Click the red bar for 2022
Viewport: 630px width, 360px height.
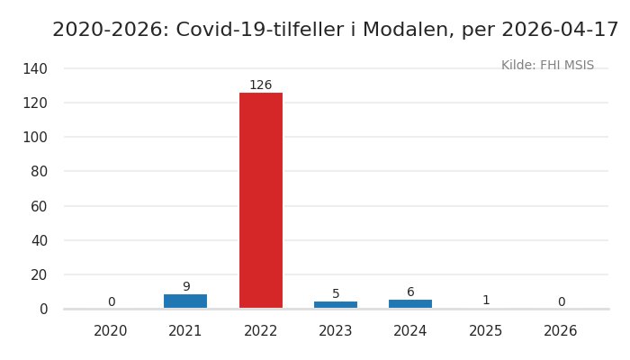pos(260,200)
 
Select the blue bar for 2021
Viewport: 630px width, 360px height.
pos(185,301)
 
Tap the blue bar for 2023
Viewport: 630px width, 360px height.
pos(336,304)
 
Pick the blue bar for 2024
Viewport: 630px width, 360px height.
pos(410,303)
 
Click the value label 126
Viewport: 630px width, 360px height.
pos(260,85)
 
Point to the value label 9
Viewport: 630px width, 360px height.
pos(186,287)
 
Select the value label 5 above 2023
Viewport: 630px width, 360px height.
pos(336,294)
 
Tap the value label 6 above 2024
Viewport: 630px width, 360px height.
pos(410,292)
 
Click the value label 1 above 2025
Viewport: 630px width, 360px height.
pos(486,301)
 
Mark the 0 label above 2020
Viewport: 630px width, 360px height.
pos(112,302)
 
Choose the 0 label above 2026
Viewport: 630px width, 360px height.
pos(561,302)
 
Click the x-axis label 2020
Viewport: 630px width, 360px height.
pos(111,331)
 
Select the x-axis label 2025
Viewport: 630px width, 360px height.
pos(486,331)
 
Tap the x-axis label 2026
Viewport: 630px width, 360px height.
pos(561,331)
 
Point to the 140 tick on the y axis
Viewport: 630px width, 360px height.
pos(34,68)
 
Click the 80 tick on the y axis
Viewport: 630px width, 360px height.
pos(39,171)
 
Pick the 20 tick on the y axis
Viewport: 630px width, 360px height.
pos(39,274)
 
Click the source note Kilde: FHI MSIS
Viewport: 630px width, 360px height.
pos(547,66)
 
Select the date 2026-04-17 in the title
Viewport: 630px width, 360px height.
pos(559,31)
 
